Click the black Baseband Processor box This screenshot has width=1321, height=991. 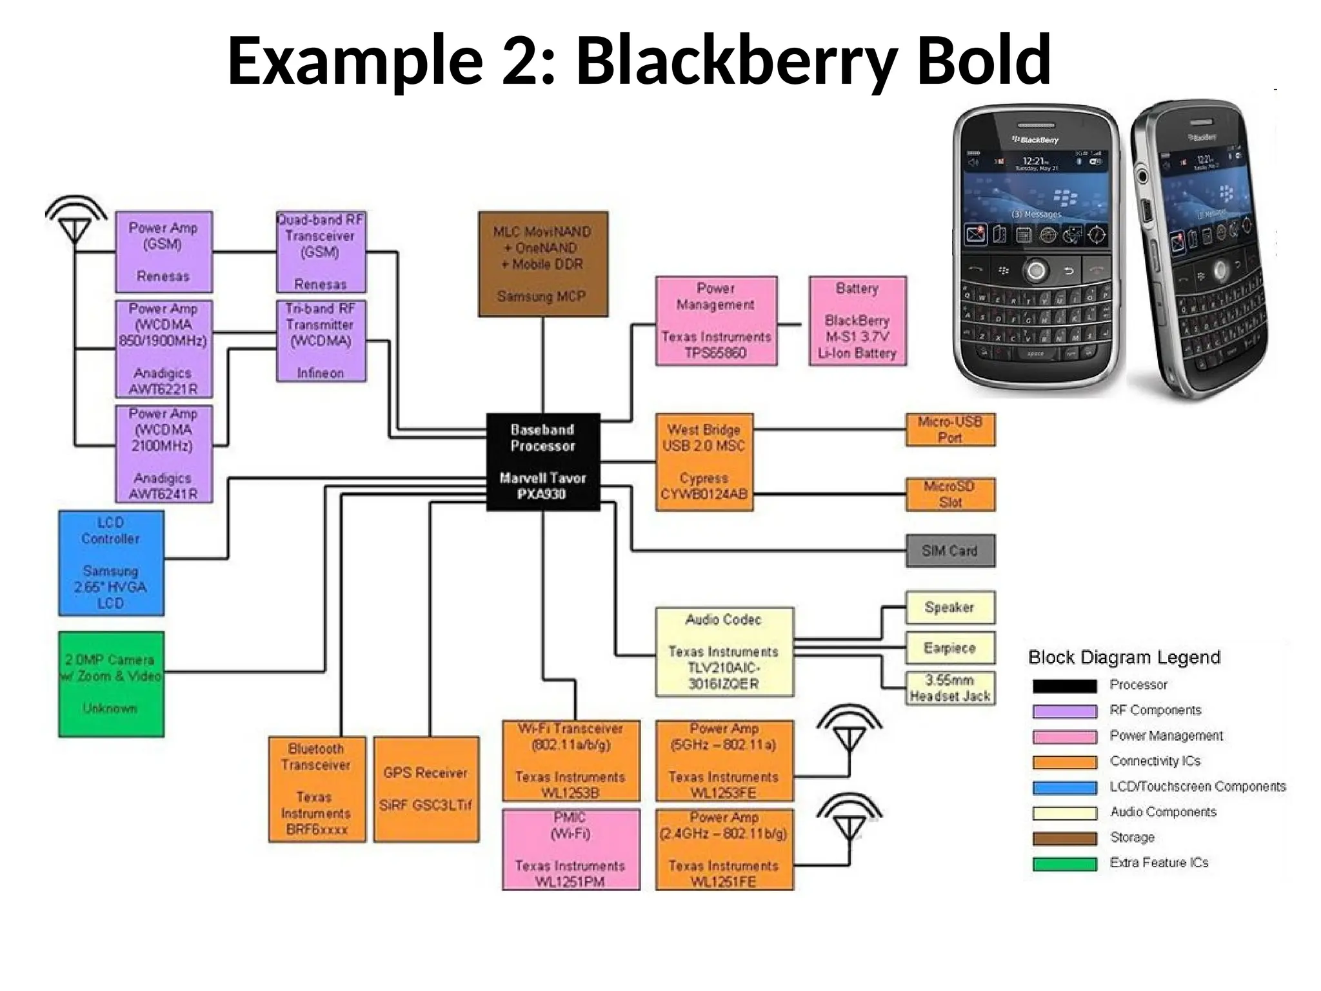542,462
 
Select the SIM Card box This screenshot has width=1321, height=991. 949,551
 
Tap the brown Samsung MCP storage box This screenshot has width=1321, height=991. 542,264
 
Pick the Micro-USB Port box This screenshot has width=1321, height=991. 950,430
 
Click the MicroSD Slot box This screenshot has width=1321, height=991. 950,494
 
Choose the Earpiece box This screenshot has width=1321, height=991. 949,648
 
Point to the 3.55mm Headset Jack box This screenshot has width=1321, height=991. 949,688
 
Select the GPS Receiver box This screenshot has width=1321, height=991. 426,789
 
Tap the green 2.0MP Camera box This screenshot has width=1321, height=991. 111,684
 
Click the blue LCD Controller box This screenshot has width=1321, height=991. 111,563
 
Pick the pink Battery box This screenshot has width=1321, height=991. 857,321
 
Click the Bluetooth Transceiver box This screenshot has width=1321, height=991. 317,789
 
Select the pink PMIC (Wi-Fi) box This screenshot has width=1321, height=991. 571,849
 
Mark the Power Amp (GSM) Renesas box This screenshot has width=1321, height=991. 163,252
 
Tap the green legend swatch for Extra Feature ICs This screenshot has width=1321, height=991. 1064,864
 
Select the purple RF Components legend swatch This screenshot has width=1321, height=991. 1064,711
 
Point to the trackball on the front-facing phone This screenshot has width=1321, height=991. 1036,270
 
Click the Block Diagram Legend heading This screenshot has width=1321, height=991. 1124,657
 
